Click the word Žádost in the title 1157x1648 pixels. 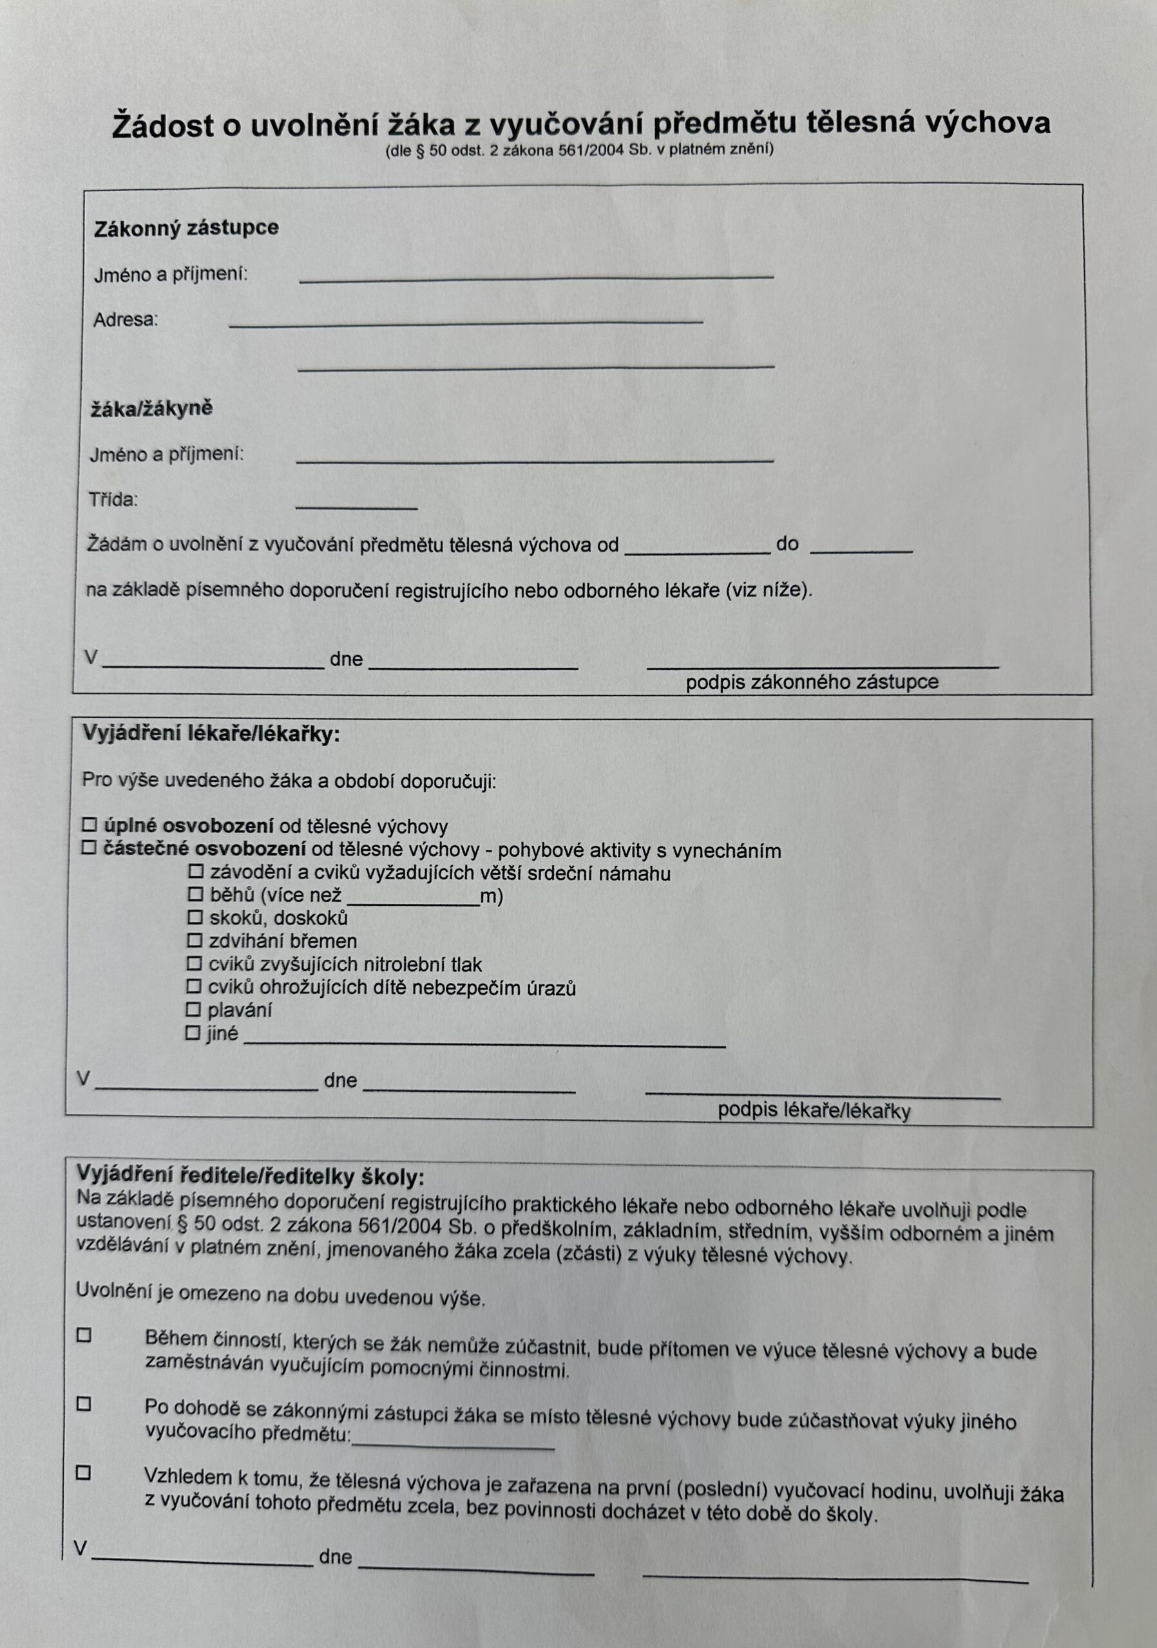click(x=163, y=126)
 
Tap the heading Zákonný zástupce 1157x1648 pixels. click(x=186, y=229)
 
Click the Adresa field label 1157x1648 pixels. click(x=125, y=320)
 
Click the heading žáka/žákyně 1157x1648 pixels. click(x=151, y=409)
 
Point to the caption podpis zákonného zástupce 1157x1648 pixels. click(x=812, y=681)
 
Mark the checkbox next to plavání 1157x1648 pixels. click(x=193, y=1009)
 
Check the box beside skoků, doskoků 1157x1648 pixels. click(x=194, y=917)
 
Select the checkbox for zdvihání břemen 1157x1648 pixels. click(x=194, y=940)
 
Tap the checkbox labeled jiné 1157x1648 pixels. click(x=193, y=1033)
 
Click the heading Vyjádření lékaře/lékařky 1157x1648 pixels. click(x=211, y=735)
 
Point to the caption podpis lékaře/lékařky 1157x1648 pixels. click(x=814, y=1110)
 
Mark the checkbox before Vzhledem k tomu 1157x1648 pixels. click(x=84, y=1474)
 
